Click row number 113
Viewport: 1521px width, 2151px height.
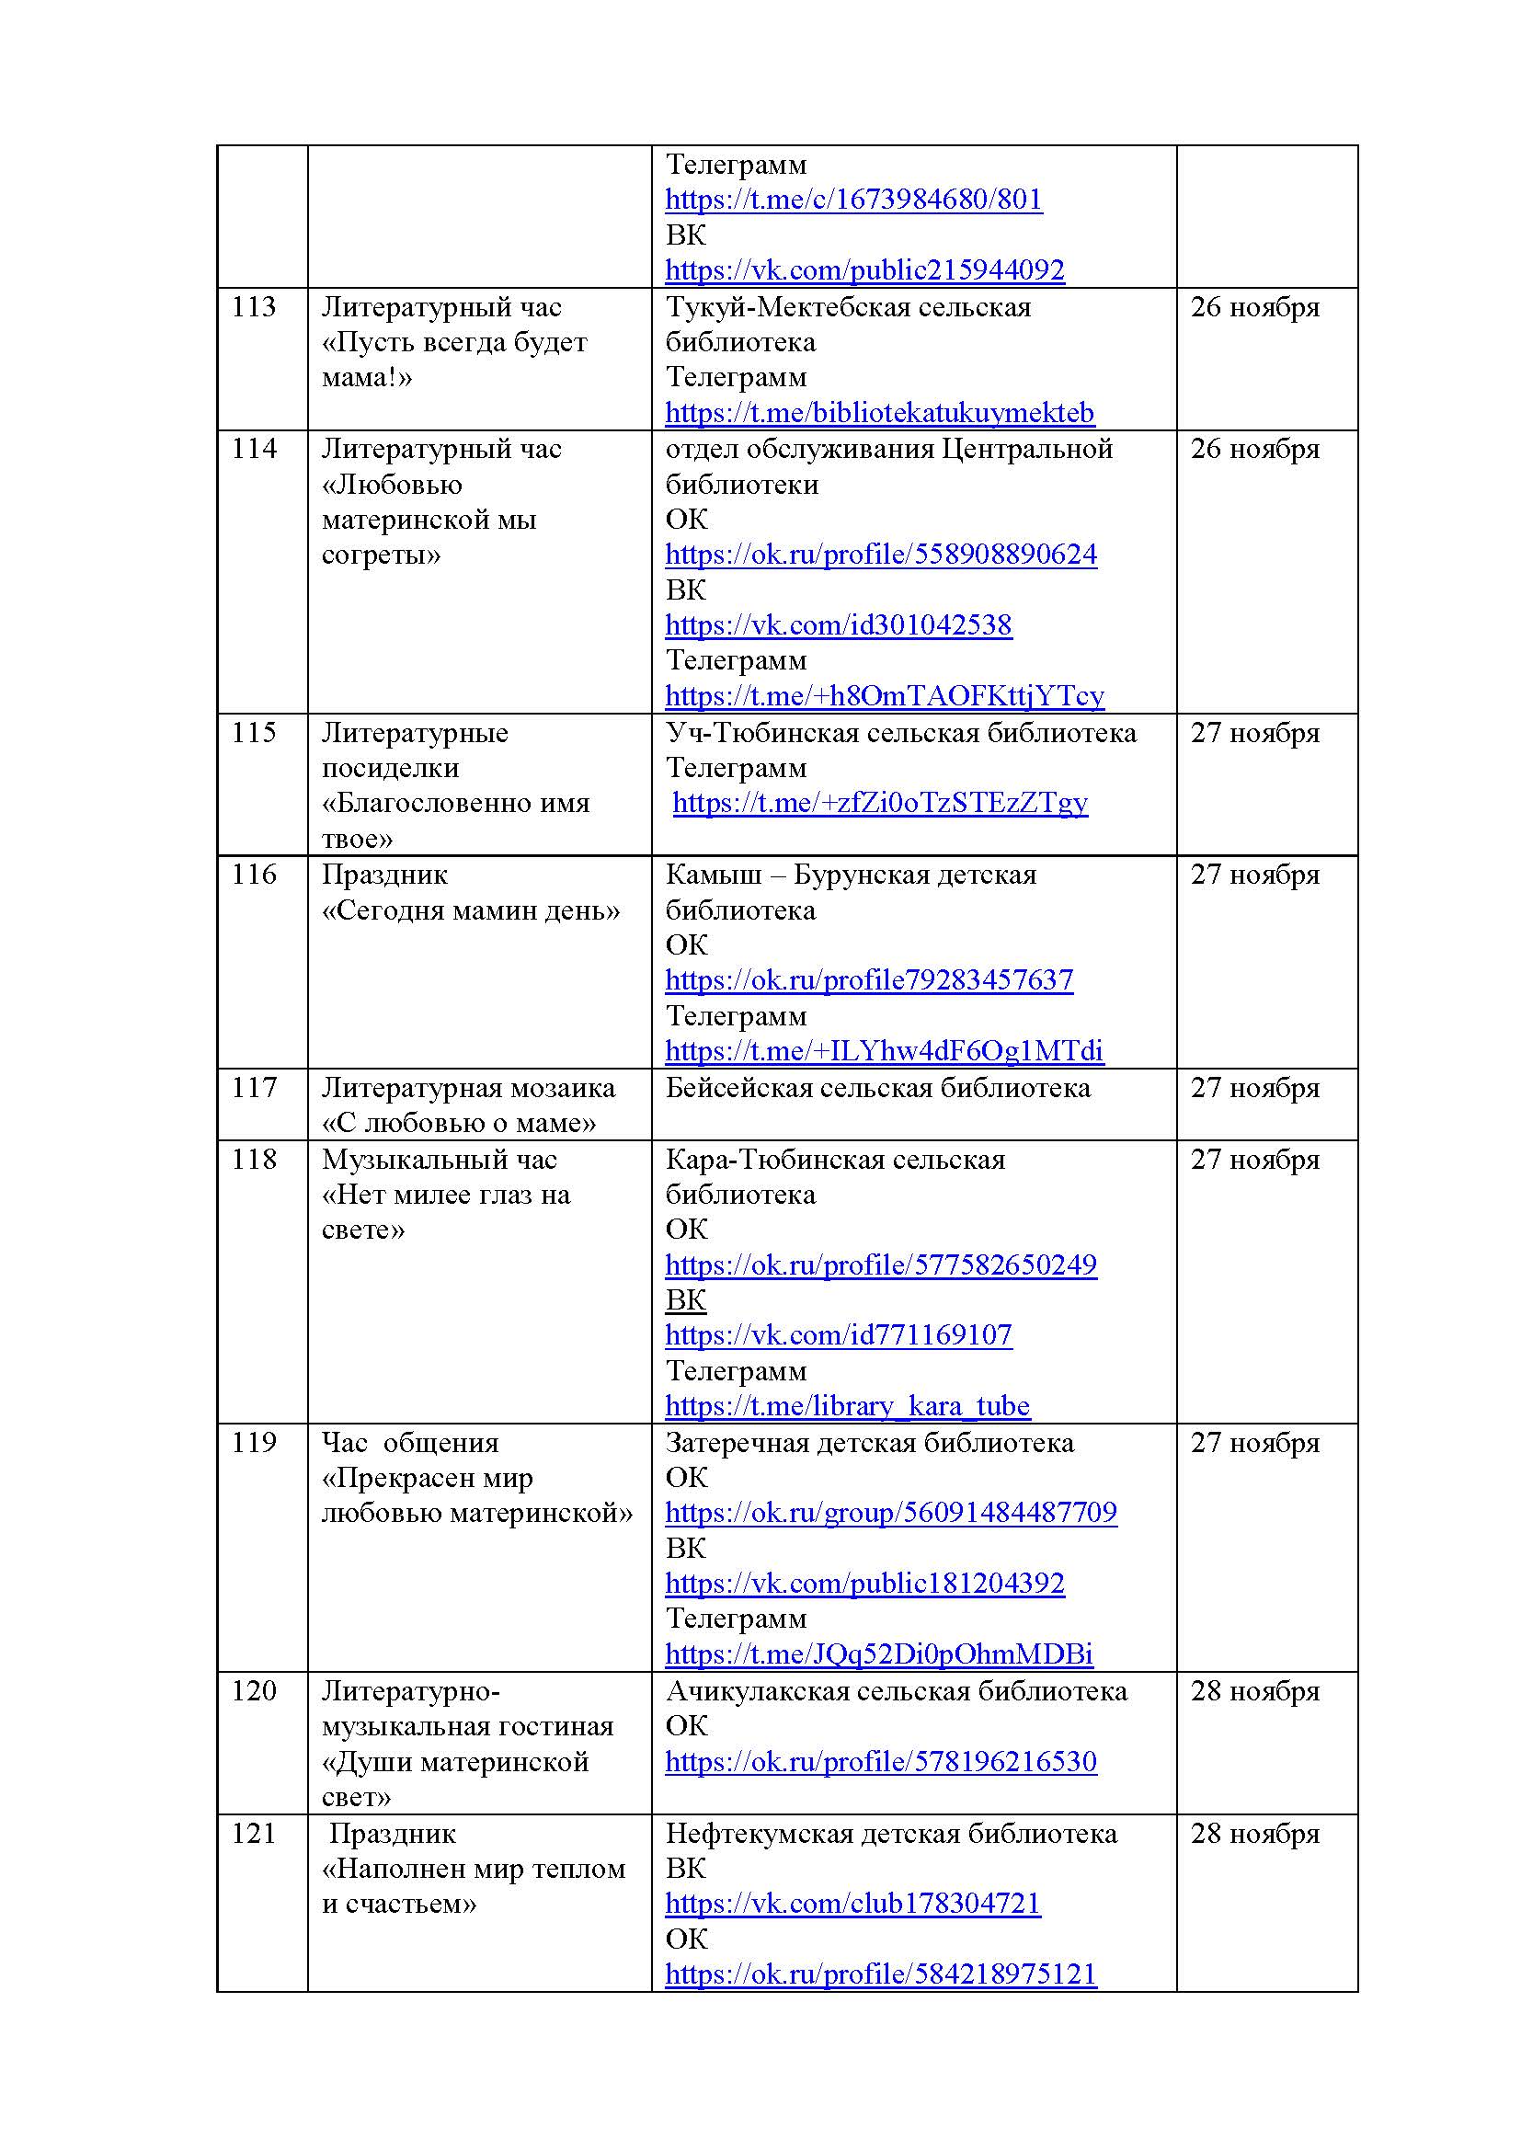(254, 307)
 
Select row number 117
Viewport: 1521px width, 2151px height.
(254, 1088)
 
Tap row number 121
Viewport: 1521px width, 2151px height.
(254, 1834)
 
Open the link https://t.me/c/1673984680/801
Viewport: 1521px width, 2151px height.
(853, 200)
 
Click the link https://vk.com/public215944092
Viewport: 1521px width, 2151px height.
(864, 270)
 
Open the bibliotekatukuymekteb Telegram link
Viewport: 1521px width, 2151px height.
(879, 413)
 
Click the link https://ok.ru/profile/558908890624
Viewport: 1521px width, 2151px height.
(880, 555)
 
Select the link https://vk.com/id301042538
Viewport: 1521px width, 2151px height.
(839, 626)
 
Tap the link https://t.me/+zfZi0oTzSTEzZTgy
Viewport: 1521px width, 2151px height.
(880, 803)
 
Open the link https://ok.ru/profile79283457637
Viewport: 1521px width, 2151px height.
(869, 981)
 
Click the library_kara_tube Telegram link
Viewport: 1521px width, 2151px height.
(847, 1406)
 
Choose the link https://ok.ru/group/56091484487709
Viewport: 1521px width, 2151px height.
(891, 1513)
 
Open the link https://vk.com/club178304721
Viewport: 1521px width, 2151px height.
(852, 1904)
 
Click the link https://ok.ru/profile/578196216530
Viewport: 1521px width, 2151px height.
(880, 1762)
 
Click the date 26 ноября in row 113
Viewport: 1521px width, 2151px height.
(1254, 307)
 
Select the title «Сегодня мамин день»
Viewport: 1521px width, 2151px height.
(470, 910)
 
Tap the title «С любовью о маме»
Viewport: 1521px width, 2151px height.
(459, 1122)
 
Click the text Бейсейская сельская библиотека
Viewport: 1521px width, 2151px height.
(877, 1088)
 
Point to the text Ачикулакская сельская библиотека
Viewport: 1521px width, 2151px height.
(897, 1691)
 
